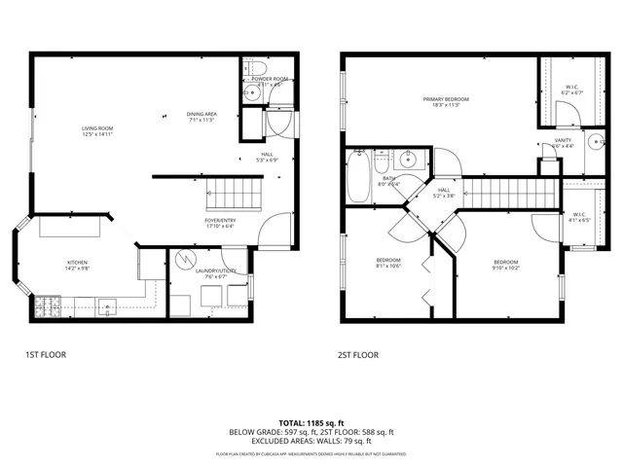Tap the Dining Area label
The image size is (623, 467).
[202, 116]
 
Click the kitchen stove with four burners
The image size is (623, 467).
[48, 307]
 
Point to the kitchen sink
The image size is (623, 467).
[105, 304]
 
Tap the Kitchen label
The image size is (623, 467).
[77, 265]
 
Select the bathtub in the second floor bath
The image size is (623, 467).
[358, 175]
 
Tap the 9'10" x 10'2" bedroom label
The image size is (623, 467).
[505, 265]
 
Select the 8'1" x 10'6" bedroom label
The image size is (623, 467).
[388, 263]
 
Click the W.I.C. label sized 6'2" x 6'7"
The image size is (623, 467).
[571, 89]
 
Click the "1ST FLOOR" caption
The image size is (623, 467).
[46, 356]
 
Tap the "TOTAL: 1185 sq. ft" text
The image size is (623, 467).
[311, 423]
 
